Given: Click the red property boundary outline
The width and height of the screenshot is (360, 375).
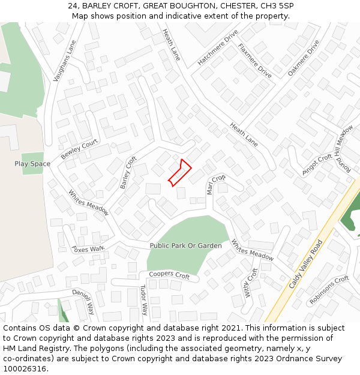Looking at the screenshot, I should [179, 173].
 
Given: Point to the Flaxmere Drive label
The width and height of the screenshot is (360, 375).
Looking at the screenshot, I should [255, 61].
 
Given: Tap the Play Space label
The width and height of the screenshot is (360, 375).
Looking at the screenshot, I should [32, 164].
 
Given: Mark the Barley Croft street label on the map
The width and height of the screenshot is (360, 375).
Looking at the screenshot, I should [128, 173].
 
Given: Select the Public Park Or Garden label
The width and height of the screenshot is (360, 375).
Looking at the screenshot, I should [185, 246].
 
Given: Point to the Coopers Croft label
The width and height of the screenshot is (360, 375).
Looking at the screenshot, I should [169, 275].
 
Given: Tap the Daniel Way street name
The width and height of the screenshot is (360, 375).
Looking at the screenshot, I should [83, 301].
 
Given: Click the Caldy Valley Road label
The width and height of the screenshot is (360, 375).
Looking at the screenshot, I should [306, 264].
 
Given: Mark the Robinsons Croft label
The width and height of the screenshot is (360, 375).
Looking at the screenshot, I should [329, 290].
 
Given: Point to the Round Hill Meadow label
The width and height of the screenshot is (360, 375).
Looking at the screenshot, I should [344, 148].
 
